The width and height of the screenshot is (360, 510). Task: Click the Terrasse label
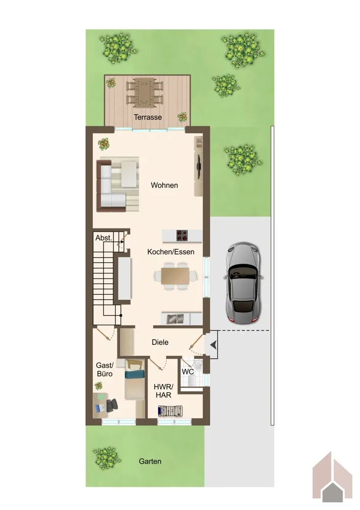click(148, 117)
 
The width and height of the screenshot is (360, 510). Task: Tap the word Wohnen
click(164, 186)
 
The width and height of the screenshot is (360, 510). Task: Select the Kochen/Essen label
click(171, 252)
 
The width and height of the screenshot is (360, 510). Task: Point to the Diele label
click(160, 342)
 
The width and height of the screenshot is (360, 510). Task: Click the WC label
click(188, 372)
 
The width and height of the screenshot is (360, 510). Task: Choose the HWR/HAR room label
click(164, 391)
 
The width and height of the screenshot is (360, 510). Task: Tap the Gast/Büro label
click(105, 369)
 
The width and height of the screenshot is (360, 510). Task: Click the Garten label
click(150, 461)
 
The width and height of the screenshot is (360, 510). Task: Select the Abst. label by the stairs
click(104, 238)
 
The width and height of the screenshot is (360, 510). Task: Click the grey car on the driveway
click(243, 283)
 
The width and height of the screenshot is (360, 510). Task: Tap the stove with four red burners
click(182, 236)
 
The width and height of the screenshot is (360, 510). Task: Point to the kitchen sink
click(175, 319)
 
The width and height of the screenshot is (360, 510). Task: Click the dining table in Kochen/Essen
click(175, 276)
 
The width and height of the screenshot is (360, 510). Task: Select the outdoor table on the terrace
click(144, 92)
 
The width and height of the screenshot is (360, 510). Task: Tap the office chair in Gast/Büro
click(112, 405)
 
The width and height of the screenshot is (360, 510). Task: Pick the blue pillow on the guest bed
click(135, 374)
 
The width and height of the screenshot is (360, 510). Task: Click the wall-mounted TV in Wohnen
click(198, 167)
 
